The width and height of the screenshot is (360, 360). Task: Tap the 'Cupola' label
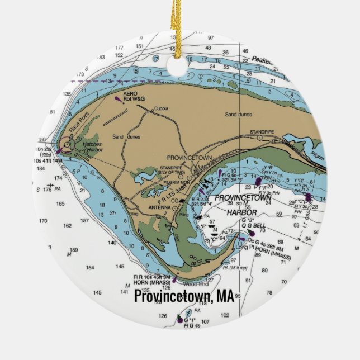pyautogui.click(x=161, y=108)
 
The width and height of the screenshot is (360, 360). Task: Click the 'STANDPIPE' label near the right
pyautogui.click(x=262, y=132)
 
